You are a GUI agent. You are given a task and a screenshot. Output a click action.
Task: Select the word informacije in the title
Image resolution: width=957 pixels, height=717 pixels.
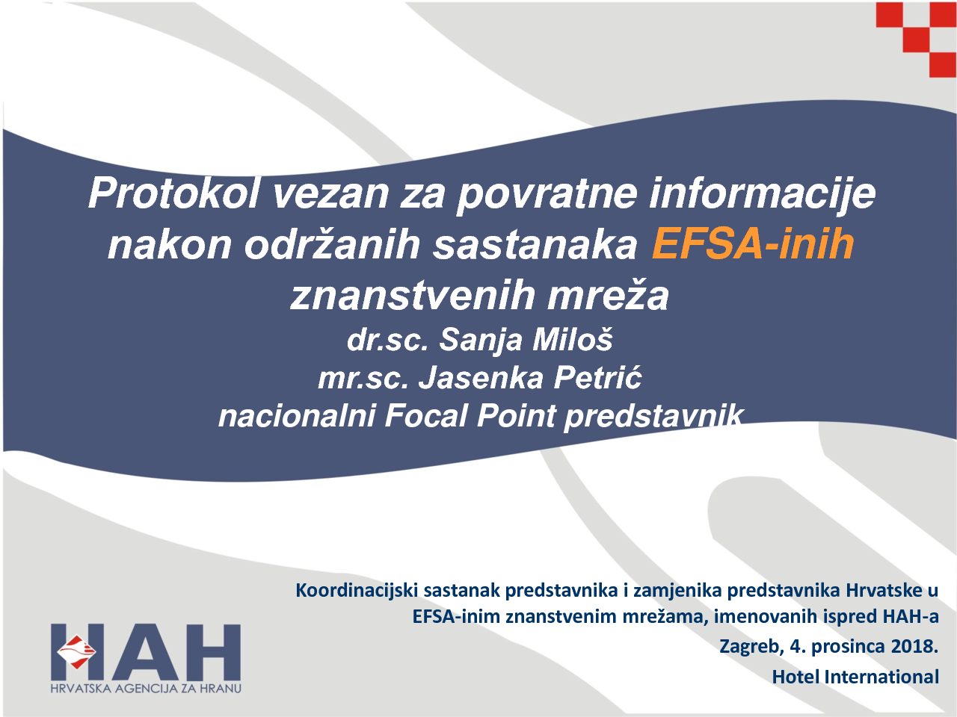762,194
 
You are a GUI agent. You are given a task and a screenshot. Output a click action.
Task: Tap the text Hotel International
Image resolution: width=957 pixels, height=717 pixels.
855,677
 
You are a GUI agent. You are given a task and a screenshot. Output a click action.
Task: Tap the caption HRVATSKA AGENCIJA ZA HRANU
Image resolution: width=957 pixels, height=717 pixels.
146,689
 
